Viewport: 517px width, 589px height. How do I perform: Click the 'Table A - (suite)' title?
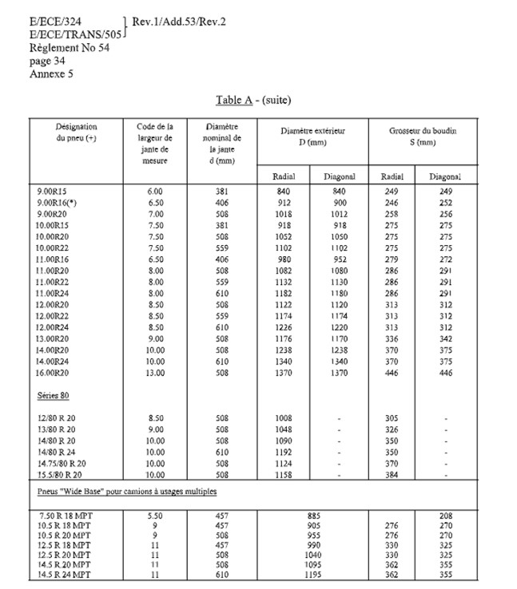click(253, 101)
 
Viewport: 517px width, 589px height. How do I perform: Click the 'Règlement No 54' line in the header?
click(69, 48)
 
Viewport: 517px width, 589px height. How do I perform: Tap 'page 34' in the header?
click(48, 60)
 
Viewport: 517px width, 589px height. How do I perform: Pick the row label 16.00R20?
click(59, 372)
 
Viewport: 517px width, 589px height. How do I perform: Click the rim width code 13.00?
click(156, 372)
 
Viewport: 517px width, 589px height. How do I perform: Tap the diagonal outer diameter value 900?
click(339, 204)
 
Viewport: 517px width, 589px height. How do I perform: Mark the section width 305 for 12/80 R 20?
click(392, 417)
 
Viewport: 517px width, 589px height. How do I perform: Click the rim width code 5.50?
click(156, 516)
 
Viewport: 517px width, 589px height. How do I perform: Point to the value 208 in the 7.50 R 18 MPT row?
click(446, 516)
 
